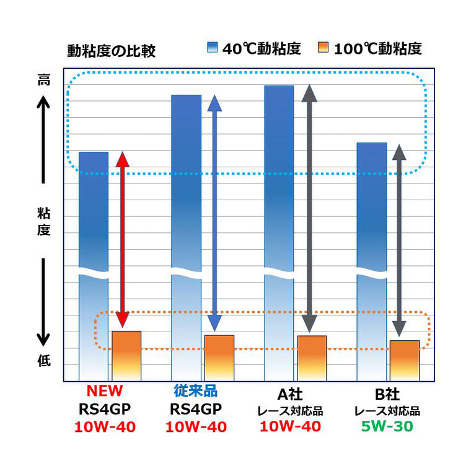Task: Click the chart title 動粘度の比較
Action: pos(111,51)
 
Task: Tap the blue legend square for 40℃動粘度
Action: pos(212,48)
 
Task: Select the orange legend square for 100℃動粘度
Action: pos(322,48)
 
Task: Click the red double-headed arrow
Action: pos(123,239)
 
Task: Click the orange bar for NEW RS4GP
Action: pos(126,356)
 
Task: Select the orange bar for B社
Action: pos(404,360)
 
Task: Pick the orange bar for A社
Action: pos(311,358)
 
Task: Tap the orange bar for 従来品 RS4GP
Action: pos(219,358)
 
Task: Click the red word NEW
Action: pos(104,392)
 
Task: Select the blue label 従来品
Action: pos(196,392)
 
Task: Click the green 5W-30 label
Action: pos(387,427)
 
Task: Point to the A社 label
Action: pos(289,394)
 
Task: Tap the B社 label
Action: pos(387,394)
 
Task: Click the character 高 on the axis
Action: pos(43,80)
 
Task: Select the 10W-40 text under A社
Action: pos(290,427)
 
